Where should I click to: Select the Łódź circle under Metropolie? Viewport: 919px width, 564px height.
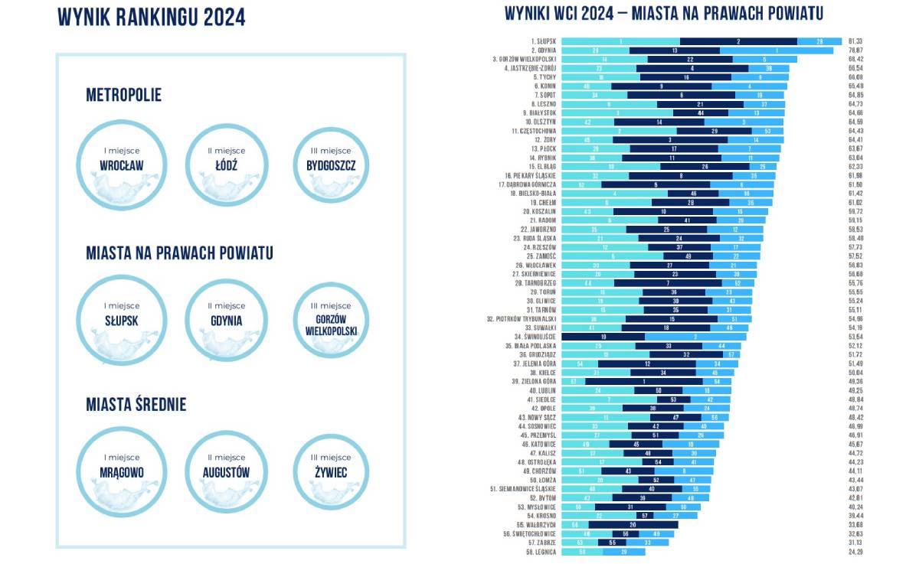point(227,164)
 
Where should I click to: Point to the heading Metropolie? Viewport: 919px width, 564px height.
point(123,96)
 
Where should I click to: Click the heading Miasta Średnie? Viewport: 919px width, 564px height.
point(136,405)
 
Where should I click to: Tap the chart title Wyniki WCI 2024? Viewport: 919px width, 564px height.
point(662,14)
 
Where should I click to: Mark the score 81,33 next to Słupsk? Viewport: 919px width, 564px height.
point(855,41)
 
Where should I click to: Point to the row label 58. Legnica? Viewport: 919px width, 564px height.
point(540,552)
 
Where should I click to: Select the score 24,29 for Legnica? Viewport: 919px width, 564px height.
point(855,552)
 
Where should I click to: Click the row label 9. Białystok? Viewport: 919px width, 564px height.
point(539,112)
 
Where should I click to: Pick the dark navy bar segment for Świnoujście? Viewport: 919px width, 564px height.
point(603,336)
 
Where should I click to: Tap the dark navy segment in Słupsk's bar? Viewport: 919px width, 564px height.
point(738,41)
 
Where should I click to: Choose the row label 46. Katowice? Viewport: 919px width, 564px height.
point(538,443)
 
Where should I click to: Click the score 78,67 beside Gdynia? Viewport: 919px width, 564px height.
point(855,50)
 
